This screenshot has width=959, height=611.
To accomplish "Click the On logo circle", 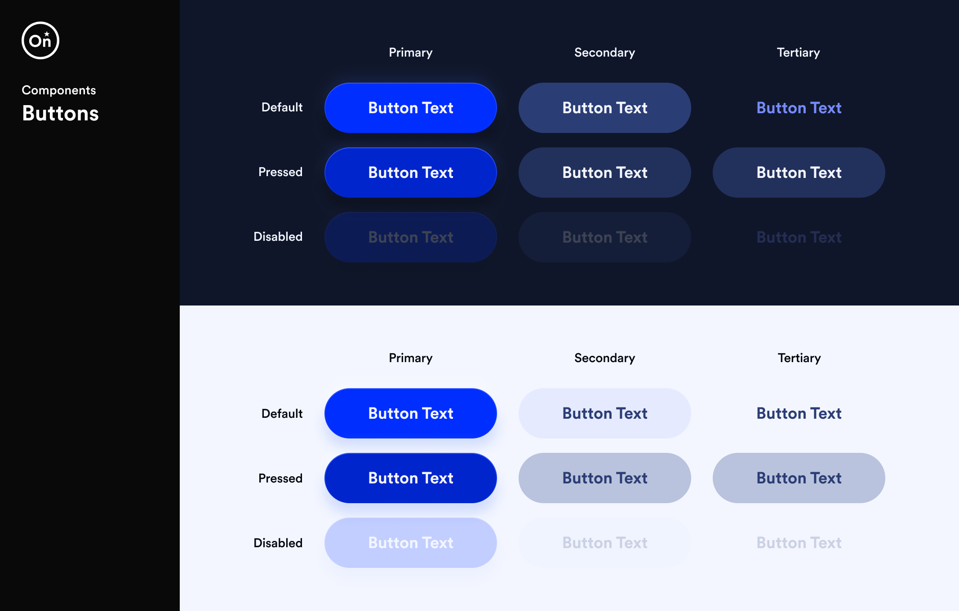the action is (x=40, y=40).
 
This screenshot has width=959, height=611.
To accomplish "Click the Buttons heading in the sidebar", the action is (x=60, y=113).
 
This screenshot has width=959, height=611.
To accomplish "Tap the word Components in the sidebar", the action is (x=58, y=90).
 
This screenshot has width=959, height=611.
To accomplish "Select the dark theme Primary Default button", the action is (x=410, y=108).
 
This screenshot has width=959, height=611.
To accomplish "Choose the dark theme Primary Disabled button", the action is (x=410, y=237).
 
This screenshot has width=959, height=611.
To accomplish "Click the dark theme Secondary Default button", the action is (x=604, y=108).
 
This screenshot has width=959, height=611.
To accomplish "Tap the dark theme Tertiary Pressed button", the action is (x=799, y=173).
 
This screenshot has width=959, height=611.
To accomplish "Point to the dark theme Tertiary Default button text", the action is (x=799, y=108).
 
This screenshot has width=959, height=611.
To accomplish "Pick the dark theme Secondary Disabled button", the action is (x=604, y=237).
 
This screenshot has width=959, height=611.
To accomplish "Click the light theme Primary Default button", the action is (x=410, y=413).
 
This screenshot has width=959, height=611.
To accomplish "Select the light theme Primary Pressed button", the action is (x=410, y=478).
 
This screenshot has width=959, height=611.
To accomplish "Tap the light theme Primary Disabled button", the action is (x=410, y=543).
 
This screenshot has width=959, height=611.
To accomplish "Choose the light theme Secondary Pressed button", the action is (x=604, y=478).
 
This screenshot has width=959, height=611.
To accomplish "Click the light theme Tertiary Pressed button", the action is (x=799, y=478).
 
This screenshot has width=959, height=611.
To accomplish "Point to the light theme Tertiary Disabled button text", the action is (x=799, y=543).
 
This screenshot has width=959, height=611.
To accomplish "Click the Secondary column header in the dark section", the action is (x=604, y=53).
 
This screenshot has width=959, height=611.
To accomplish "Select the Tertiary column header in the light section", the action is (x=799, y=358).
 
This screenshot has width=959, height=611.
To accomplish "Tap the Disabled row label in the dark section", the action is (x=278, y=237).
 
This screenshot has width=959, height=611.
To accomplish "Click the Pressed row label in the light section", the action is (x=280, y=478).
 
